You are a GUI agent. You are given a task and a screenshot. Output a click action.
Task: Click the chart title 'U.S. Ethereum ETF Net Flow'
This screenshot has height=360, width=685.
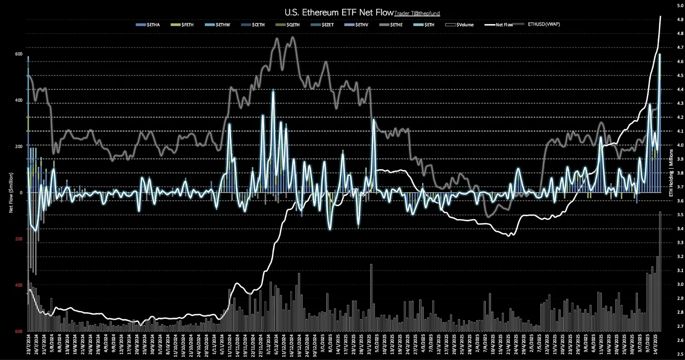pos(339,12)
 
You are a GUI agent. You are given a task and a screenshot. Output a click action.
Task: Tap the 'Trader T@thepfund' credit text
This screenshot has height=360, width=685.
pos(417,14)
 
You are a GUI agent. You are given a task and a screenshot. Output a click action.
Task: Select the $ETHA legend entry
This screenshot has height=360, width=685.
pos(148,25)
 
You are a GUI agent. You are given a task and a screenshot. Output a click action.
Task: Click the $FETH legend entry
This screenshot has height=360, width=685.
pos(182,25)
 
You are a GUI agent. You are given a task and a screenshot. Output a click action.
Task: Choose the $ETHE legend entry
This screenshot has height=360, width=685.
pos(391,25)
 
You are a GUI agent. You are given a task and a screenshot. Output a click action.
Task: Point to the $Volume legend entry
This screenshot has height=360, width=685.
pos(460,25)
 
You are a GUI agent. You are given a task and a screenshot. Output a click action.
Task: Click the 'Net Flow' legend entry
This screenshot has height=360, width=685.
pos(499,25)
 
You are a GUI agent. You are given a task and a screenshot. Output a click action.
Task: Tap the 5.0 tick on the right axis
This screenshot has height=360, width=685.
pos(680,6)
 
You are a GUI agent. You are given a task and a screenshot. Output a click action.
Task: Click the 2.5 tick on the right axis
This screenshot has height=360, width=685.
pos(680,354)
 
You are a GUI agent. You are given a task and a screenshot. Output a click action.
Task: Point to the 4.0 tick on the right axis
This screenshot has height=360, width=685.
pos(680,145)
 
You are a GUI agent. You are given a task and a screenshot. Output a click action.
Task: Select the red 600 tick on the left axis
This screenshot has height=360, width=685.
pos(19,331)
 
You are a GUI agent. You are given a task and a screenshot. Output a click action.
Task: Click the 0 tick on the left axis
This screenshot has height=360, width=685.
pos(21,193)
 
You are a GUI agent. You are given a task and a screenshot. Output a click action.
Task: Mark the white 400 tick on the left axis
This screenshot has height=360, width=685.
pos(19,101)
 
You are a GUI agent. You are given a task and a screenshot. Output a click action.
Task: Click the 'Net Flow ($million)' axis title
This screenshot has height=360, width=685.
pos(11,193)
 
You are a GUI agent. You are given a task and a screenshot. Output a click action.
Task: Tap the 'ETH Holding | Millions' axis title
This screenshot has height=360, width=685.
pos(671,173)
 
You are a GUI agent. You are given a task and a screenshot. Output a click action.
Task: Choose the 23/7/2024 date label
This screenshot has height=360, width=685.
pos(30,345)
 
